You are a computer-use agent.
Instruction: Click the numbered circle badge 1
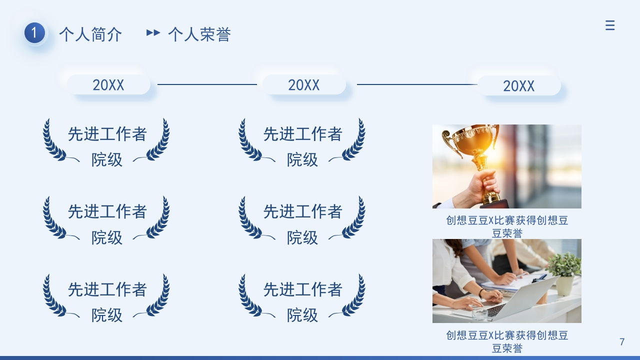[x=34, y=33]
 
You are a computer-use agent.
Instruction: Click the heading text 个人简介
[x=90, y=34]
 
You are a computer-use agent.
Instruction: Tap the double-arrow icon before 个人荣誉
[x=153, y=33]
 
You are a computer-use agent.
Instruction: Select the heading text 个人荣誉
[x=199, y=34]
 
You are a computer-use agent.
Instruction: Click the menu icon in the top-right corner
[x=609, y=25]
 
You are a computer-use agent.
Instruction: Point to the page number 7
[x=622, y=342]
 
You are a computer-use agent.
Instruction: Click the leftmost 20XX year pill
[x=108, y=85]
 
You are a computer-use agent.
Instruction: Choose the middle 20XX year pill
[x=304, y=85]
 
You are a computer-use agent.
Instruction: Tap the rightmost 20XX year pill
[x=519, y=86]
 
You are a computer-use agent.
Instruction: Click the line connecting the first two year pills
[x=207, y=84]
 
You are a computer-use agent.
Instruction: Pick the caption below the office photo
[x=507, y=341]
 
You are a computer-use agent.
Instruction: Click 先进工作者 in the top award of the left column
[x=107, y=134]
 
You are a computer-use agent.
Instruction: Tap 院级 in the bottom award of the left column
[x=107, y=315]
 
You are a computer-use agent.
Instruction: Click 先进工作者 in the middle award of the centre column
[x=303, y=211]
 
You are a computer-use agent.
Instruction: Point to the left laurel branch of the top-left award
[x=53, y=140]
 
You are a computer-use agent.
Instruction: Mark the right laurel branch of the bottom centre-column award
[x=354, y=296]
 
